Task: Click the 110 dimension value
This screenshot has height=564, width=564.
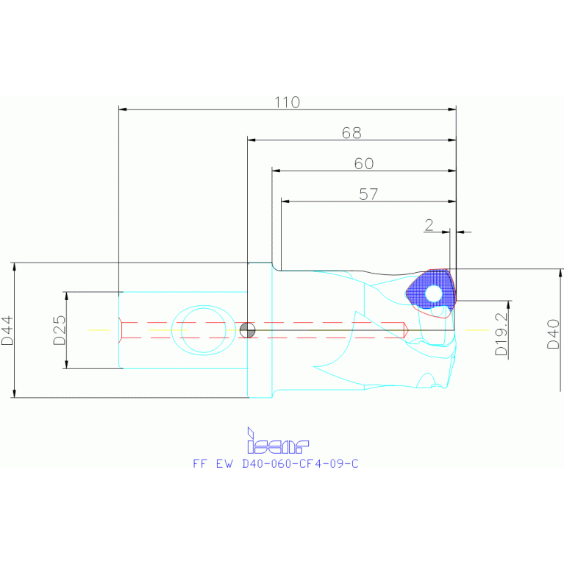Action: point(287,102)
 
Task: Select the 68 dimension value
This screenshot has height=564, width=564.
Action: point(351,133)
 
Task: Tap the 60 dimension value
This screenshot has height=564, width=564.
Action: point(364,163)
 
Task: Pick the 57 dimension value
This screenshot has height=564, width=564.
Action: point(368,194)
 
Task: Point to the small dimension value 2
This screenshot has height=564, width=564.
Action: point(429,225)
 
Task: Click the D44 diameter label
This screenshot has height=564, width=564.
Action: point(7,331)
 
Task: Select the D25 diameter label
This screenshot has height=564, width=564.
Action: point(60,331)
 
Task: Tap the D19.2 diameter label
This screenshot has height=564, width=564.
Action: point(501,334)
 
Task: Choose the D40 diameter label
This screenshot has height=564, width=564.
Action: point(554,334)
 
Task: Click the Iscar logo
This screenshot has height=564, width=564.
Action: point(278,441)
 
